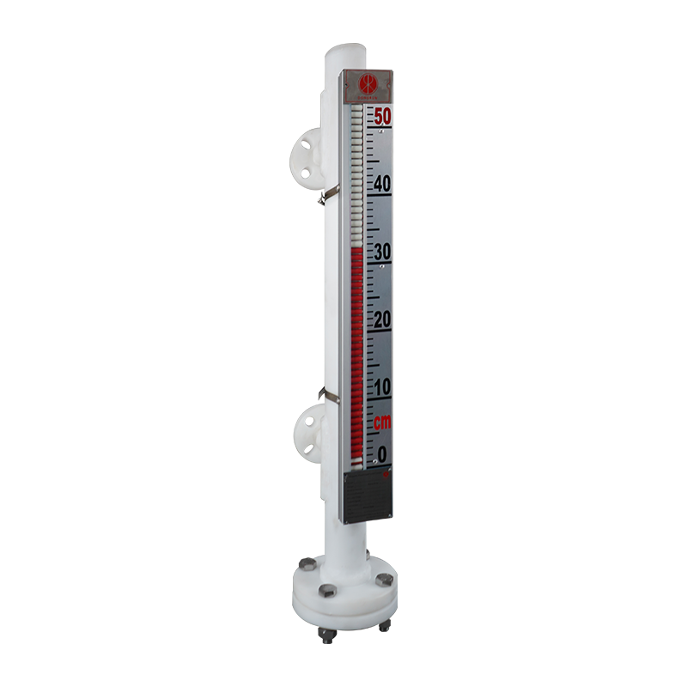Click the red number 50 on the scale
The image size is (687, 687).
382,116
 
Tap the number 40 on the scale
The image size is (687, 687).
381,184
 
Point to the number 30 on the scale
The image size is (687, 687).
381,252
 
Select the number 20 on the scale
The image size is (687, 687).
381,319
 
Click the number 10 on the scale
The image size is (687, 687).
381,387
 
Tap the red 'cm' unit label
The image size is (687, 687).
382,422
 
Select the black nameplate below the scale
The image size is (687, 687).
369,495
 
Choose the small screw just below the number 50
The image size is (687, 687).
381,131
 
